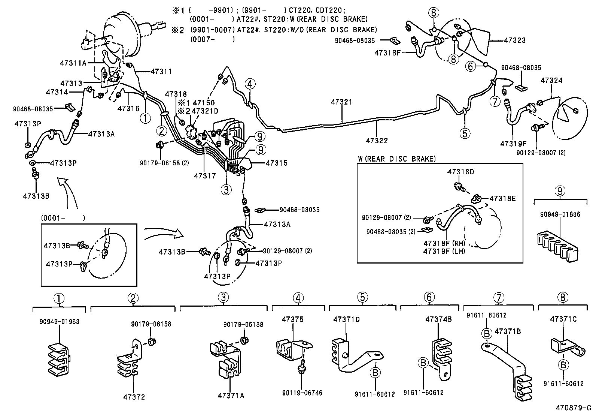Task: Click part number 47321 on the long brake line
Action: tap(342, 102)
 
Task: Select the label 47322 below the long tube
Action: tap(377, 141)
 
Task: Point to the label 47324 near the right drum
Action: tap(551, 81)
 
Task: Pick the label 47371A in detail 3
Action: tap(231, 396)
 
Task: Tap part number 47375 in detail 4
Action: tap(292, 319)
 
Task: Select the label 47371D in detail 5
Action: tap(346, 319)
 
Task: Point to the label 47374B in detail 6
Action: tap(438, 319)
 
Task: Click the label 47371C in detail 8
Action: tap(563, 319)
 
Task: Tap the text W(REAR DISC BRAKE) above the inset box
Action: tap(397, 159)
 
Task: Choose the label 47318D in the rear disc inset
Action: tap(460, 172)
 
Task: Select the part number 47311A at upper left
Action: tap(73, 63)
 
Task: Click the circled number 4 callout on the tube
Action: tap(250, 84)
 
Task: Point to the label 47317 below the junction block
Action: tap(205, 175)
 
